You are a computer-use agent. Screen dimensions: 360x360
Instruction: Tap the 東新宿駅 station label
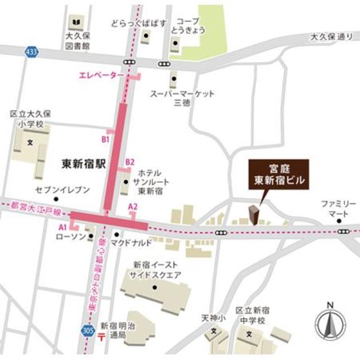pyautogui.click(x=84, y=164)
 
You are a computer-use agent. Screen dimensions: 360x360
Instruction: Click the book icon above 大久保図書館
pyautogui.click(x=75, y=23)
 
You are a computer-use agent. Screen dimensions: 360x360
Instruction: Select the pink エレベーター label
pyautogui.click(x=101, y=75)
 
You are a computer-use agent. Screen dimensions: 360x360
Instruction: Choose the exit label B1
pyautogui.click(x=105, y=138)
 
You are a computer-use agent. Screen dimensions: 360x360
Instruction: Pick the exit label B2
pyautogui.click(x=130, y=162)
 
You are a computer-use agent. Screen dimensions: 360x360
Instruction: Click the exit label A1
pyautogui.click(x=64, y=227)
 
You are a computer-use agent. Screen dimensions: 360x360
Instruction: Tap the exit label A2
pyautogui.click(x=133, y=206)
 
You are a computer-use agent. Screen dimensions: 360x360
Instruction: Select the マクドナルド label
pyautogui.click(x=130, y=243)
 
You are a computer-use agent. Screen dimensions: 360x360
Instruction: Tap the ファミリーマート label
pyautogui.click(x=339, y=208)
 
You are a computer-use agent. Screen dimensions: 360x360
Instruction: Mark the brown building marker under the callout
pyautogui.click(x=254, y=215)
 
